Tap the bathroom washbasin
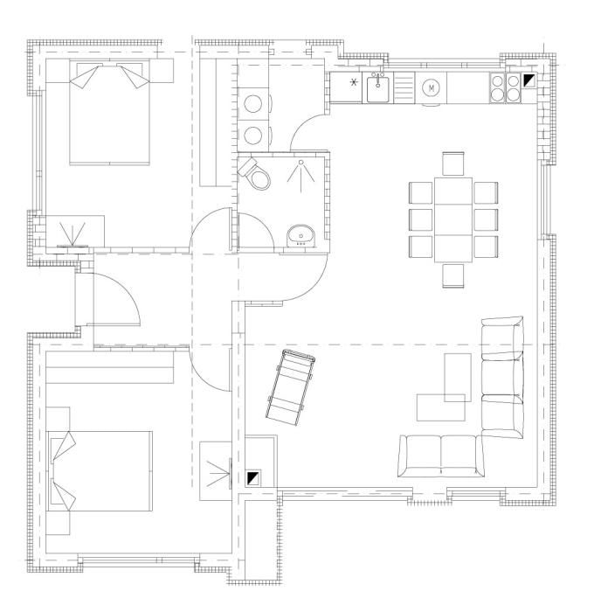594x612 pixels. click(x=300, y=235)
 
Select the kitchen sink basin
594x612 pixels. click(x=377, y=88)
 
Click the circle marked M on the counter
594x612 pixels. click(x=431, y=88)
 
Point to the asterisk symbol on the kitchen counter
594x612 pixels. click(x=354, y=82)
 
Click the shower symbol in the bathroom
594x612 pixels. click(x=300, y=175)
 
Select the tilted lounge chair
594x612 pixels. click(x=291, y=387)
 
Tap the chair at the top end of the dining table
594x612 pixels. click(x=453, y=164)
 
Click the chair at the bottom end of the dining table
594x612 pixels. click(x=453, y=275)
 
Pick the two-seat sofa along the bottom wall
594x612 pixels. click(x=441, y=456)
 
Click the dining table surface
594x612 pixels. click(x=453, y=219)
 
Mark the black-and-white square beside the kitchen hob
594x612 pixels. click(x=529, y=80)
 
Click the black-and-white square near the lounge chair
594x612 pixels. click(x=252, y=478)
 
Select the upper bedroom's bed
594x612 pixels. click(x=109, y=112)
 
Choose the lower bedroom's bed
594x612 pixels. click(x=100, y=471)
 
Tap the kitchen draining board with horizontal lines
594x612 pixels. click(x=404, y=88)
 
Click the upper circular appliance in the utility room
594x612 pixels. click(x=252, y=104)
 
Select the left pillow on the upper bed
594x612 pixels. click(x=84, y=76)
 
